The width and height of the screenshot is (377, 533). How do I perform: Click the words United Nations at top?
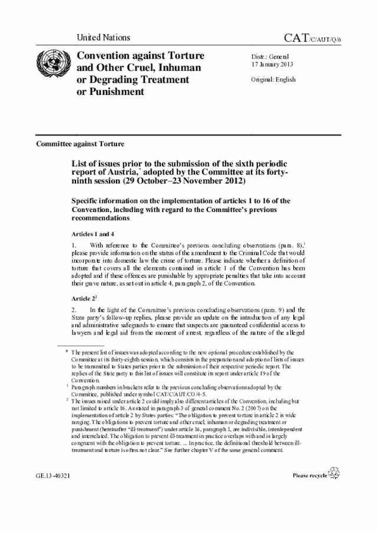pos(103,37)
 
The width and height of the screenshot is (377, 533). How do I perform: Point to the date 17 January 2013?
pos(272,64)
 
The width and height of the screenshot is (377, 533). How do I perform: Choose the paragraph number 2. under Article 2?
pos(74,310)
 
